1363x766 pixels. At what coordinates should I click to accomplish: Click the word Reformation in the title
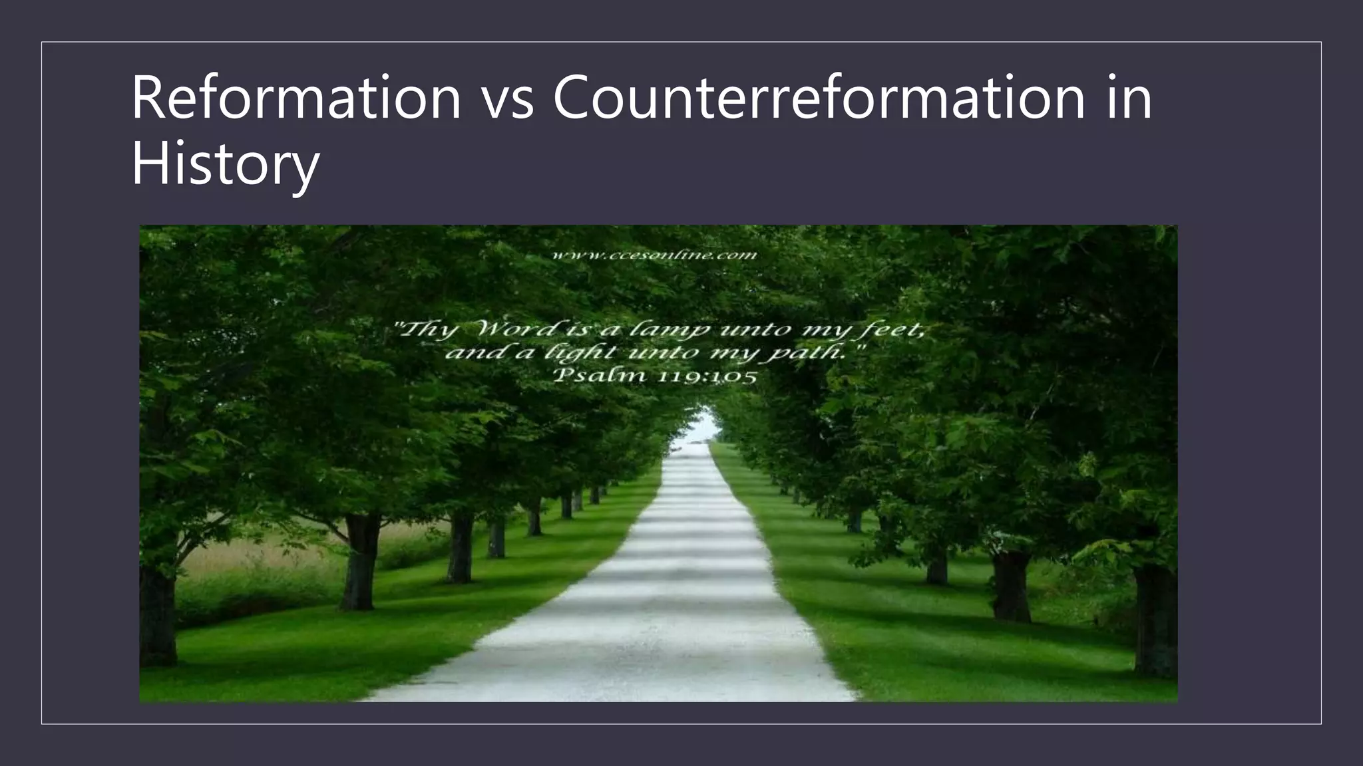click(296, 97)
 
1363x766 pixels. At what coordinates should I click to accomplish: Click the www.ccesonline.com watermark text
click(655, 255)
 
